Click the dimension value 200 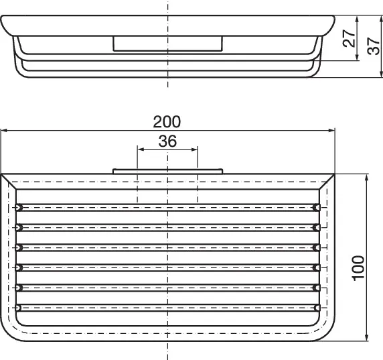167,121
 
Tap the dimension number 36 167,141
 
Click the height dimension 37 372,46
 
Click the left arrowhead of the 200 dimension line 4,131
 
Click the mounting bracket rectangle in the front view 167,44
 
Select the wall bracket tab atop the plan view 167,171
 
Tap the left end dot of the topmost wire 19,206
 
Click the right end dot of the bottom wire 316,308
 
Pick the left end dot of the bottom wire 19,308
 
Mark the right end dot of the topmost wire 316,206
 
